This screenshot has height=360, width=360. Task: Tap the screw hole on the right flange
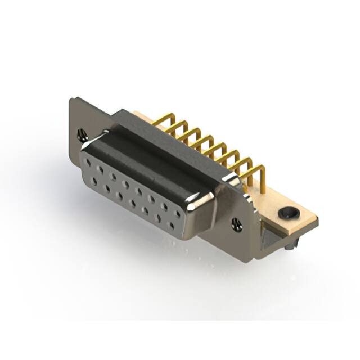point(237,224)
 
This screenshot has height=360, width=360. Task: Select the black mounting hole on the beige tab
point(287,213)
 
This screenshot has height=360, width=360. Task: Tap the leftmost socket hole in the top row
point(89,163)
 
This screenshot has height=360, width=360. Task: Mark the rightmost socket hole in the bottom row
point(171,225)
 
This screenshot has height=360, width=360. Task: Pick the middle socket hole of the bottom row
point(132,203)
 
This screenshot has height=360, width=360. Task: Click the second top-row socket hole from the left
point(100,169)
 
